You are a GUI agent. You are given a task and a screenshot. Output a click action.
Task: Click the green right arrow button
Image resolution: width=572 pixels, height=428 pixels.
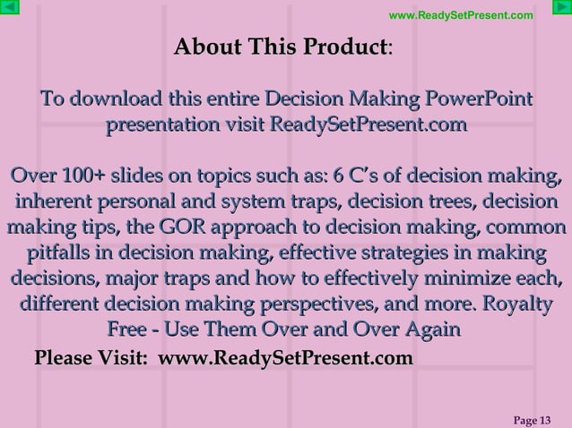click(x=560, y=10)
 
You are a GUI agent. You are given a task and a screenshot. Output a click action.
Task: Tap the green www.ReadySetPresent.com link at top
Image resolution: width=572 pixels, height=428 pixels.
click(x=461, y=15)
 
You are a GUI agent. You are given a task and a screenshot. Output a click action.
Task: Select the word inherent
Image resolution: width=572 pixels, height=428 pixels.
click(x=56, y=200)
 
